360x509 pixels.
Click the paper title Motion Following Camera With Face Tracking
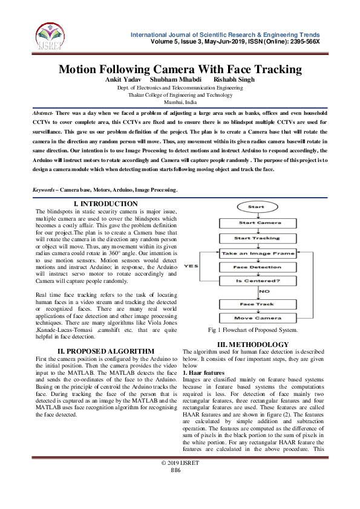[180, 69]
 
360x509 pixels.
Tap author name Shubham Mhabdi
[176, 79]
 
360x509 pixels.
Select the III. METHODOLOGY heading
[249, 344]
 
